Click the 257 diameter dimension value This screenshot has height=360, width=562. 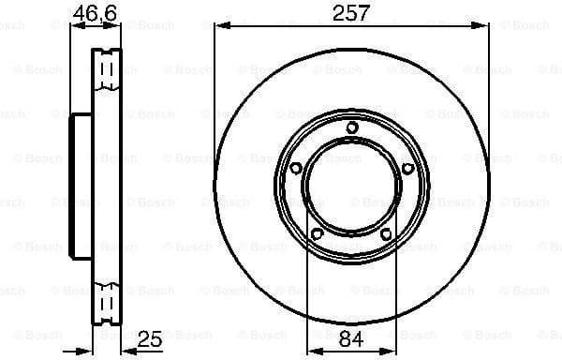click(351, 12)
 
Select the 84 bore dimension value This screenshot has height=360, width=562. click(351, 340)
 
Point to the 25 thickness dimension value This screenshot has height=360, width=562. click(149, 339)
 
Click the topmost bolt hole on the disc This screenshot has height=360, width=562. click(351, 128)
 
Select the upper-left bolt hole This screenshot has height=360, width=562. click(295, 169)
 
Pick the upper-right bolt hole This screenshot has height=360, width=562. click(407, 169)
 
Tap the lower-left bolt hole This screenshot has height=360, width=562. click(317, 233)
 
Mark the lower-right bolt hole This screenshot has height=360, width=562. click(386, 233)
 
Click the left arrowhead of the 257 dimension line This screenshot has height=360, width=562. click(219, 27)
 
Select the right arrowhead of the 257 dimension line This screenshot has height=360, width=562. click(484, 27)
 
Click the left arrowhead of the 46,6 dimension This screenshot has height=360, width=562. click(76, 27)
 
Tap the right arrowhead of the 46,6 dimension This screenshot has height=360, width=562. click(119, 27)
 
